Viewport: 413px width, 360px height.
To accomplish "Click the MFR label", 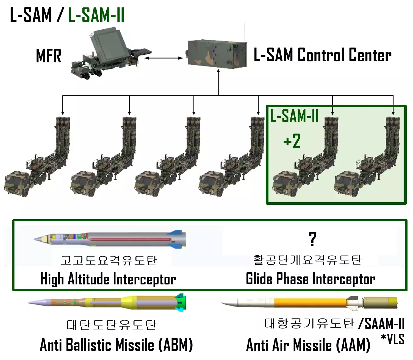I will click(49, 56).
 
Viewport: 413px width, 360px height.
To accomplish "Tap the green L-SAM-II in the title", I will click(96, 15).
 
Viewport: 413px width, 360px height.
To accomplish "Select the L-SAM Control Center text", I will click(322, 55).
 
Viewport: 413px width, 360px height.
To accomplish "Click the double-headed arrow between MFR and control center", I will click(164, 58).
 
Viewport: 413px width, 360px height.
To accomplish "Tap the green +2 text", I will click(292, 141).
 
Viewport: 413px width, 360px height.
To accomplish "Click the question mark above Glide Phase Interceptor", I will click(312, 239).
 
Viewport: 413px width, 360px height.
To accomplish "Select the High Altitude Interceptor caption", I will click(108, 279).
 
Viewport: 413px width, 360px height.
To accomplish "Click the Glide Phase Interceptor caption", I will click(311, 279).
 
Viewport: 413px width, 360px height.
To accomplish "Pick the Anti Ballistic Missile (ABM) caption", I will click(116, 345).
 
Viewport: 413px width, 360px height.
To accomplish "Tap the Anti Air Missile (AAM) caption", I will click(308, 345).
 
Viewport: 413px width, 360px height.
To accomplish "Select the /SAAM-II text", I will click(382, 323).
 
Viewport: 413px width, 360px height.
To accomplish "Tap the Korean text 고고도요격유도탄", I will click(109, 260).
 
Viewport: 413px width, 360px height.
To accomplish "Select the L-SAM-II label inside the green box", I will click(294, 116).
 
